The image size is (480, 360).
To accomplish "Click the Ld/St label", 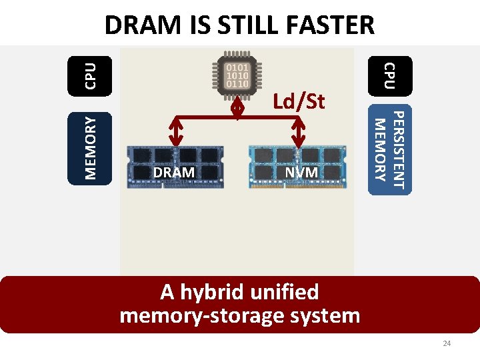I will (299, 101).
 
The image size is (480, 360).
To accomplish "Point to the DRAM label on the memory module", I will (174, 173).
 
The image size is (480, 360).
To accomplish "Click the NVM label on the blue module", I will (301, 173).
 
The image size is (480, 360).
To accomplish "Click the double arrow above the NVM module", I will (298, 131).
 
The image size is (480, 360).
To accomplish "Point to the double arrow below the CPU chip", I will (238, 107).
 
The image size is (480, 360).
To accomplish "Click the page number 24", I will (447, 343).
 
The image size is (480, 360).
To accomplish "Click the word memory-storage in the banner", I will (204, 315).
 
